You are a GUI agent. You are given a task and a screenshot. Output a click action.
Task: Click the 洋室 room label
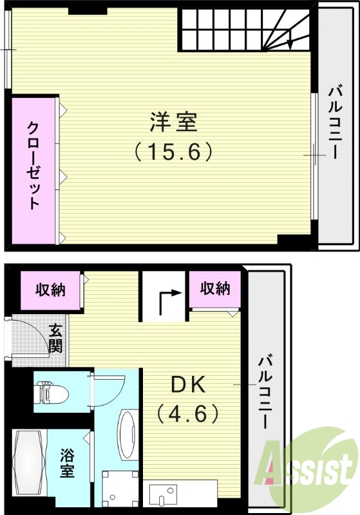(173, 122)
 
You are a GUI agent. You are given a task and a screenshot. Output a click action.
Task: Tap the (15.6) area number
(173, 153)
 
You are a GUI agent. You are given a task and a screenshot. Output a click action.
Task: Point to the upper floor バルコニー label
(334, 122)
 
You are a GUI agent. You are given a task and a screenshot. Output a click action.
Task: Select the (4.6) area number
(188, 413)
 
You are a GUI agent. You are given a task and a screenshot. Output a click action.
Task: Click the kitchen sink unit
(167, 496)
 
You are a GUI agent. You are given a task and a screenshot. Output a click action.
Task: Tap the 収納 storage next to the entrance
(50, 291)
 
